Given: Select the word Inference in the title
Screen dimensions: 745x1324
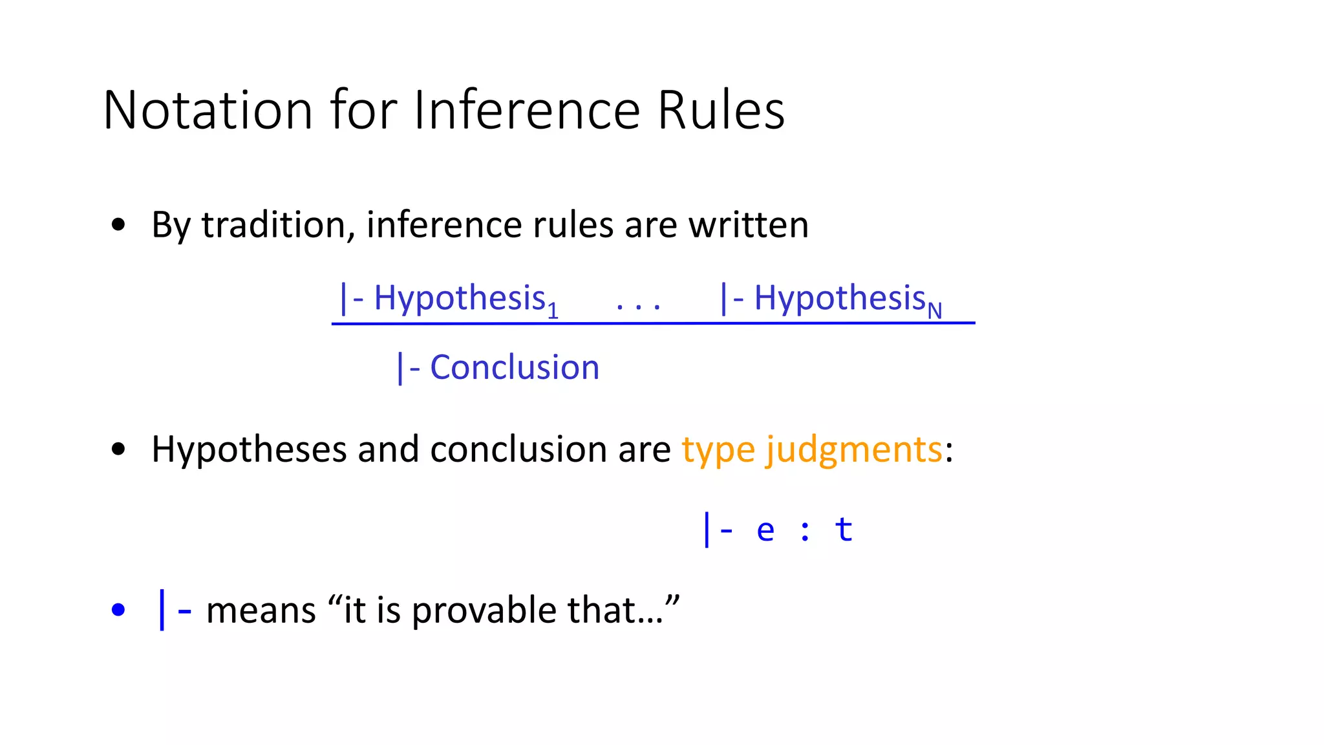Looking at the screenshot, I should [x=526, y=110].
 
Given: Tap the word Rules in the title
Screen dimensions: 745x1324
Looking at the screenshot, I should [x=721, y=110].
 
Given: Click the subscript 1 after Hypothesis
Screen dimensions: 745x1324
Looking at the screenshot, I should [x=553, y=312].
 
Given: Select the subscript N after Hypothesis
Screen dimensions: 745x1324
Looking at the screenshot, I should [x=934, y=312].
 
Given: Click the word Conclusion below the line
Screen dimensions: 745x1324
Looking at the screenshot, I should [x=515, y=367].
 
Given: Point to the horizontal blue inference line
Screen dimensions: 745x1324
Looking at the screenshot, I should [x=653, y=323].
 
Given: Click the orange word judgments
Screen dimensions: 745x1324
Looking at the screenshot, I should [x=854, y=449].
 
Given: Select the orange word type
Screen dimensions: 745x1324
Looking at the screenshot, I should [x=718, y=449].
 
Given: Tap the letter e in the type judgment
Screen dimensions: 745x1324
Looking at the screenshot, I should [x=765, y=530].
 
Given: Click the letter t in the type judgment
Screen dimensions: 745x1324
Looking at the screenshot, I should [x=844, y=529].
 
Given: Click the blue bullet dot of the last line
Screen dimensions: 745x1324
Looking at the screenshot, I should [x=118, y=609].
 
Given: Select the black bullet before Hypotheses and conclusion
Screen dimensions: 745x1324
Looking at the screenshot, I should [x=118, y=449].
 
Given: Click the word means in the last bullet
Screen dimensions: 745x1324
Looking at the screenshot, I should [x=261, y=610].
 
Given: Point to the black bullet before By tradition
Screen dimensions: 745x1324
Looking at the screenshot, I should [x=118, y=225].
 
